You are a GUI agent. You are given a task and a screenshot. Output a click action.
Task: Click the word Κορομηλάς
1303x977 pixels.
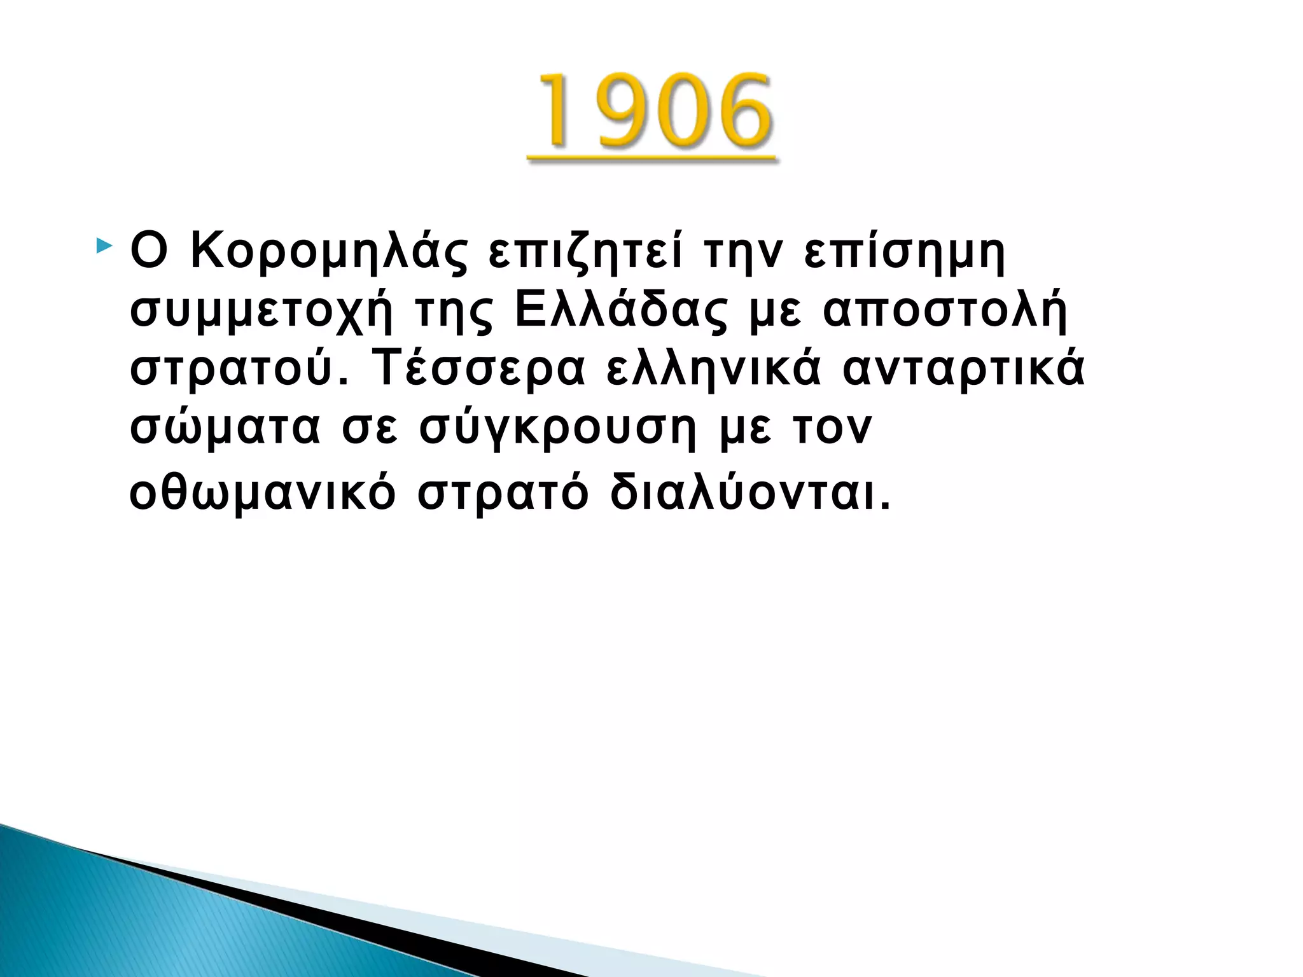329,251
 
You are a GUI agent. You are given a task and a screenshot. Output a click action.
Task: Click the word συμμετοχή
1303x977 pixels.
261,312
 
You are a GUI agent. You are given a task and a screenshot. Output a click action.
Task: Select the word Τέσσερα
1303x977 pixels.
478,369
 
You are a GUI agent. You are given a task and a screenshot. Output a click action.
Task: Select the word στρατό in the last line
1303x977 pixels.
503,494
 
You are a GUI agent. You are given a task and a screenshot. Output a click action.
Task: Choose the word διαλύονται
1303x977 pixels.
749,492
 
